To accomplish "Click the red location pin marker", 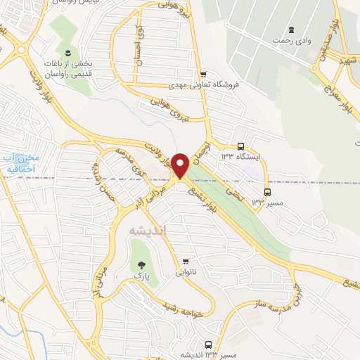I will [180, 165].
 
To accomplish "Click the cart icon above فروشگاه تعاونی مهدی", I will [203, 75].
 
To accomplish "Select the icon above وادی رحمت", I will [291, 30].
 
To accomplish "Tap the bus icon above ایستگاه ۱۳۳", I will [241, 146].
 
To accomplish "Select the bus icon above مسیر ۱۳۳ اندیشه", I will [207, 345].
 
